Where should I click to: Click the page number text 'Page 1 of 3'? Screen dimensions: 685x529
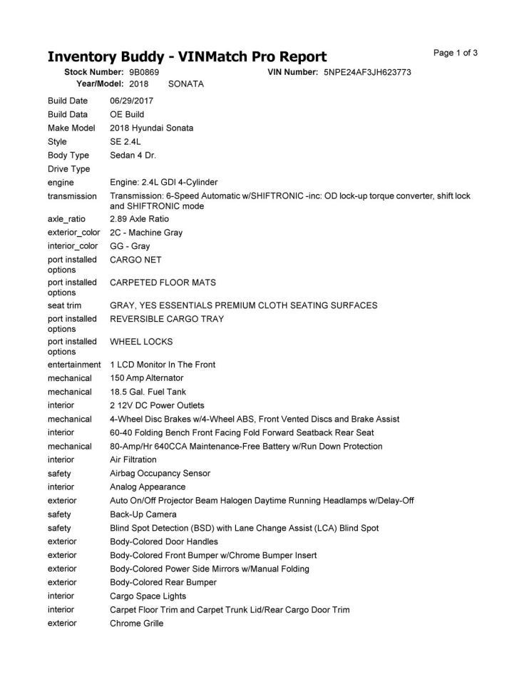point(456,53)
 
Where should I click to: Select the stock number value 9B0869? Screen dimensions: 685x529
point(144,72)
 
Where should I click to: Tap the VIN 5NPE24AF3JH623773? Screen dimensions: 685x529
point(367,72)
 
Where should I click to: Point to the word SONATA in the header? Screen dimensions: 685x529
point(185,83)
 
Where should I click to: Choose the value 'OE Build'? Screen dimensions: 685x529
point(127,114)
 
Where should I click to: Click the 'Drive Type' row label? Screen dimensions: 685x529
point(68,169)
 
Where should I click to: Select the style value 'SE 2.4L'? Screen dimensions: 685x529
point(125,142)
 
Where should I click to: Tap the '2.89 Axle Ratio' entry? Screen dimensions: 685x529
point(140,219)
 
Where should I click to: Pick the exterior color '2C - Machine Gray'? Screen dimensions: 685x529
point(146,233)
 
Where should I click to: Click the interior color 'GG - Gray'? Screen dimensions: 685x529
point(130,246)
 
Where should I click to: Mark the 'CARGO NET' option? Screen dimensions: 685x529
point(136,260)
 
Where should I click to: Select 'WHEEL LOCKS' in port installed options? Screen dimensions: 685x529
point(141,342)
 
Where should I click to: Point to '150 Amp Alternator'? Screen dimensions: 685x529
point(146,378)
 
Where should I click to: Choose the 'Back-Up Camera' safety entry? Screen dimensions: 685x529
point(143,514)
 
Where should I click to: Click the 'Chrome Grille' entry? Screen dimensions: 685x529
point(136,624)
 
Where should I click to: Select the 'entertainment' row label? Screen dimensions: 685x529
point(74,365)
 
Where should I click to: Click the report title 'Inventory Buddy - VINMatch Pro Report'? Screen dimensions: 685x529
point(187,57)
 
